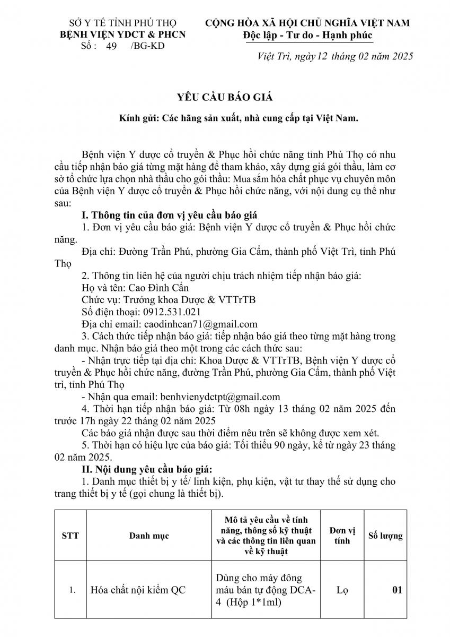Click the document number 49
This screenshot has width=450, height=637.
tap(112, 46)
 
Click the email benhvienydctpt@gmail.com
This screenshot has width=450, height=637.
tap(217, 397)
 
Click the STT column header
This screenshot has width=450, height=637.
tap(70, 536)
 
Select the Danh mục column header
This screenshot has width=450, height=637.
tap(149, 536)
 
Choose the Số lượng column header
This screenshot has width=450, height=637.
tap(385, 536)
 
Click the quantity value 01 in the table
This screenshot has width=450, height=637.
tap(396, 590)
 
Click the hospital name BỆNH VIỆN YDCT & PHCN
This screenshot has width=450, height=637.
tap(118, 35)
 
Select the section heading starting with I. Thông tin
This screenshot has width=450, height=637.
tap(169, 215)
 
